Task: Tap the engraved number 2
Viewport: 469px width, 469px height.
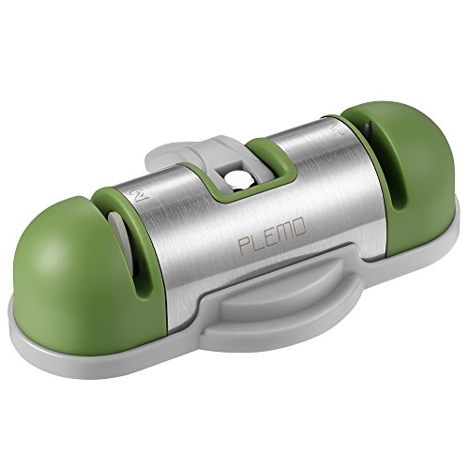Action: click(140, 195)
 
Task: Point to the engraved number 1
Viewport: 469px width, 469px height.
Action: click(339, 129)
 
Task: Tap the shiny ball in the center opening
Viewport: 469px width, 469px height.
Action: click(235, 179)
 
